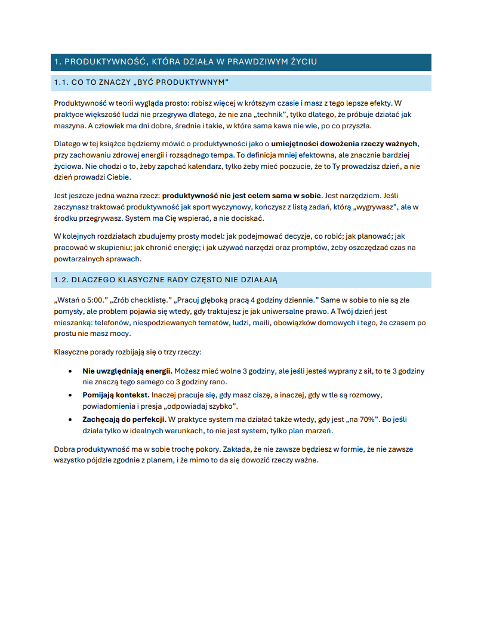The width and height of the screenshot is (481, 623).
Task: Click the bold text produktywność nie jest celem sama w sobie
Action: pos(242,195)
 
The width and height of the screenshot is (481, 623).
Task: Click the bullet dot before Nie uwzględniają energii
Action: pos(72,371)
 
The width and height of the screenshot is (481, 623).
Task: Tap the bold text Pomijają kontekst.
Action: pos(116,395)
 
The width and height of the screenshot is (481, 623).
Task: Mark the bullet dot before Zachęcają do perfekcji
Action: pos(72,420)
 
